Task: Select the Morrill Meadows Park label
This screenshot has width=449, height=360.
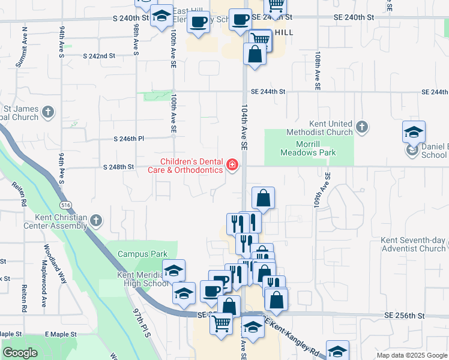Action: (x=308, y=148)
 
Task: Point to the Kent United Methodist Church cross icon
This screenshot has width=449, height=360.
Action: (x=361, y=127)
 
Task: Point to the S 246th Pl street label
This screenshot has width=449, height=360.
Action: (x=129, y=139)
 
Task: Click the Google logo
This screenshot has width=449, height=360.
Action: (x=20, y=353)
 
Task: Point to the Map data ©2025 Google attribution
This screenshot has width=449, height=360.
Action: (x=411, y=355)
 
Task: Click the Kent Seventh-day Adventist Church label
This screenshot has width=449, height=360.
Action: (x=413, y=244)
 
